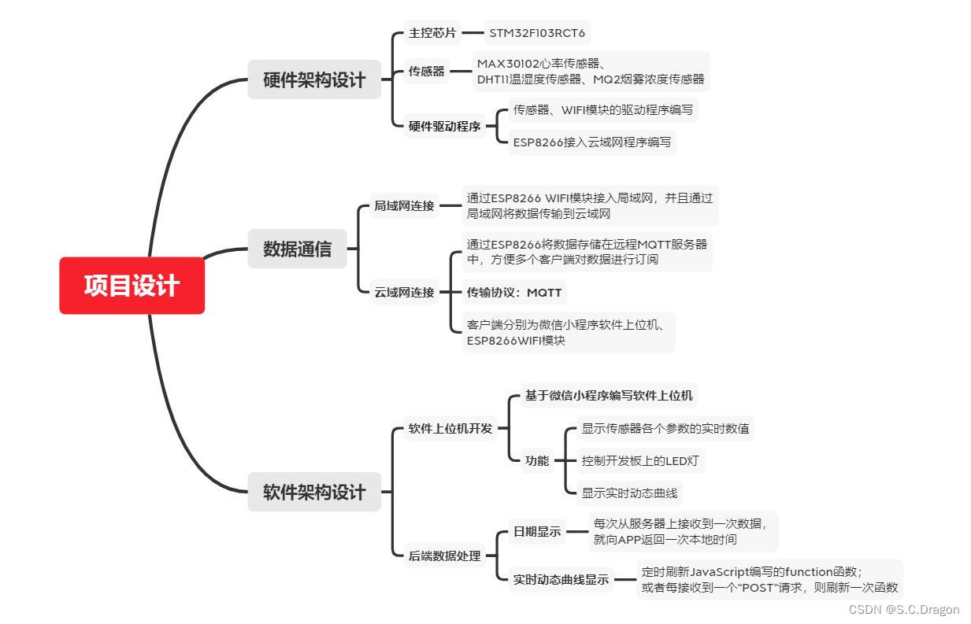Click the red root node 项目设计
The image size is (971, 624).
132,286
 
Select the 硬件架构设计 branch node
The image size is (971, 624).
314,79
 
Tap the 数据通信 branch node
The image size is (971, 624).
297,249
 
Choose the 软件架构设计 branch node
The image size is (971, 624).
314,493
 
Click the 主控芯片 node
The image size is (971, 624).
432,34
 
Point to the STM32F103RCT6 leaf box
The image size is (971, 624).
537,34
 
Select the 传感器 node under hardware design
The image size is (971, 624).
427,72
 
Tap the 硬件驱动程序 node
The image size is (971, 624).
445,126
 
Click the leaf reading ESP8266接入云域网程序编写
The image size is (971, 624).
592,142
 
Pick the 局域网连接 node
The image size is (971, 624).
404,206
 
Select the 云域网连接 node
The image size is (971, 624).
404,293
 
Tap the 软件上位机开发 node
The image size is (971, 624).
450,429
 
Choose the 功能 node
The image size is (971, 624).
537,461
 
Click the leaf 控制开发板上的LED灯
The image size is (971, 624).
639,461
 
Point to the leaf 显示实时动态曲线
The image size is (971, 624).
629,493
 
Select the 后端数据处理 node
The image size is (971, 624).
444,556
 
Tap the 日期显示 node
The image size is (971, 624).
537,532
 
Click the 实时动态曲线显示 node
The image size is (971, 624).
561,580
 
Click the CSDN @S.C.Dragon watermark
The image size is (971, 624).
904,610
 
